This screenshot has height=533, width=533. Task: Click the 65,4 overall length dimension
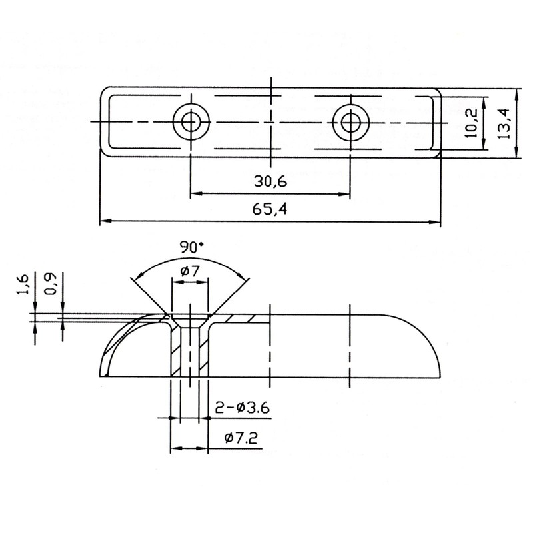point(270,209)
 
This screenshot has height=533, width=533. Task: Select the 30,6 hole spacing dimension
point(270,181)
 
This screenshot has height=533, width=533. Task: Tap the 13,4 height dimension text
point(504,123)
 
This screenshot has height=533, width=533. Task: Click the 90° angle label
point(193,247)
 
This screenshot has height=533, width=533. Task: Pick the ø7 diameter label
point(191,271)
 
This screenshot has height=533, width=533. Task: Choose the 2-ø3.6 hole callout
point(243,407)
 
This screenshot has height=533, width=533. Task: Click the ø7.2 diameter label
point(241,438)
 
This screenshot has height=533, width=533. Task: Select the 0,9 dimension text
point(51,284)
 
